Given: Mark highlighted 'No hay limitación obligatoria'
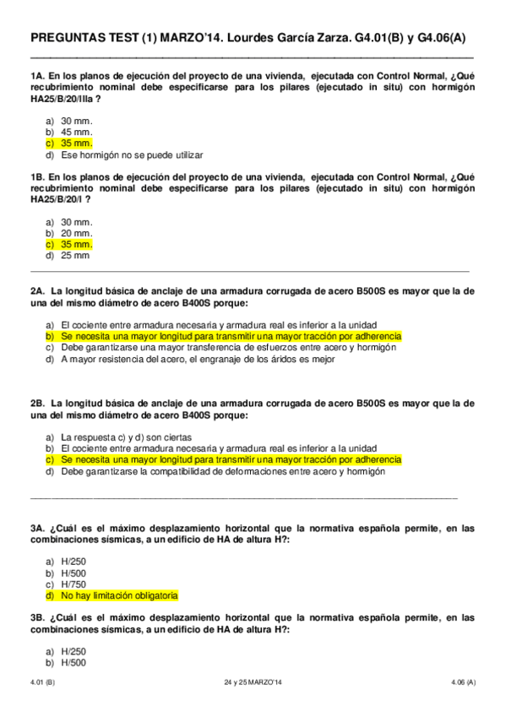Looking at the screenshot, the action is (119, 595).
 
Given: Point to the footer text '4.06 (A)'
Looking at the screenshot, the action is (460, 681).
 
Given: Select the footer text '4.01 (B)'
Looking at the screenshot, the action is (43, 681).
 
